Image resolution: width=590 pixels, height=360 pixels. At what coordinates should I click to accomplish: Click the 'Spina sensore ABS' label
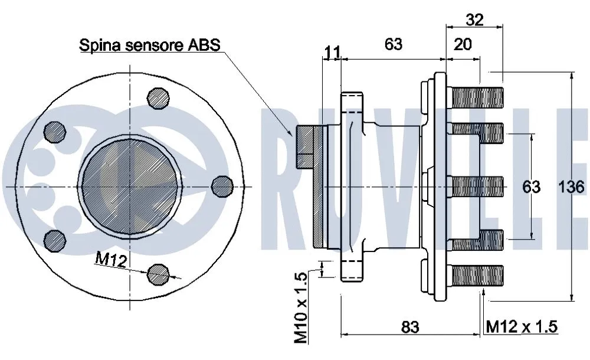click(x=149, y=45)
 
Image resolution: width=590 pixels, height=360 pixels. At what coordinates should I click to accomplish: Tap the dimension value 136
click(x=571, y=187)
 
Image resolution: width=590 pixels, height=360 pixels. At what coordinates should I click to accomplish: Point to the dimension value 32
click(x=474, y=19)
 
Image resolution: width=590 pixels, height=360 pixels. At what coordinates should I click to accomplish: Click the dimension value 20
click(x=463, y=44)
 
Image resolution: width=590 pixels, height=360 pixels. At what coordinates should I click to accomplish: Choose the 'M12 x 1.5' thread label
click(x=522, y=326)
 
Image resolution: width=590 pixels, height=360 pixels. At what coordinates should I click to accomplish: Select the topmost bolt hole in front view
click(x=158, y=98)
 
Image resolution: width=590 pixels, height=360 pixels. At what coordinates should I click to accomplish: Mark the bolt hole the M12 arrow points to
click(x=158, y=272)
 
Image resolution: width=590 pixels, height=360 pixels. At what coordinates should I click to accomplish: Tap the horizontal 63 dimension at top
click(x=393, y=44)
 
